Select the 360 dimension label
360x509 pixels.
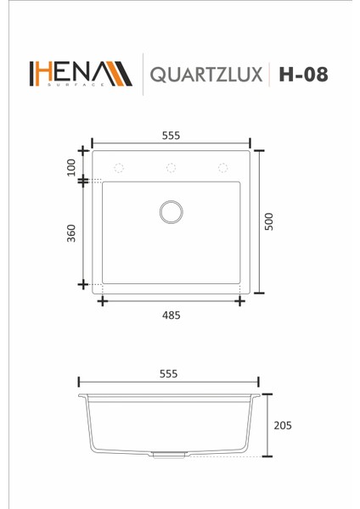coord(71,232)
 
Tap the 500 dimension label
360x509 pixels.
coord(269,221)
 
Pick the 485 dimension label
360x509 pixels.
coord(171,315)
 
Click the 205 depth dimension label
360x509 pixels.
coord(284,426)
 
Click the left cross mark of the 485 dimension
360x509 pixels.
coord(102,299)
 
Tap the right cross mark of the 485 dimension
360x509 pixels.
coord(240,299)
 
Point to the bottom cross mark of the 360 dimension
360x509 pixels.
coord(83,283)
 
